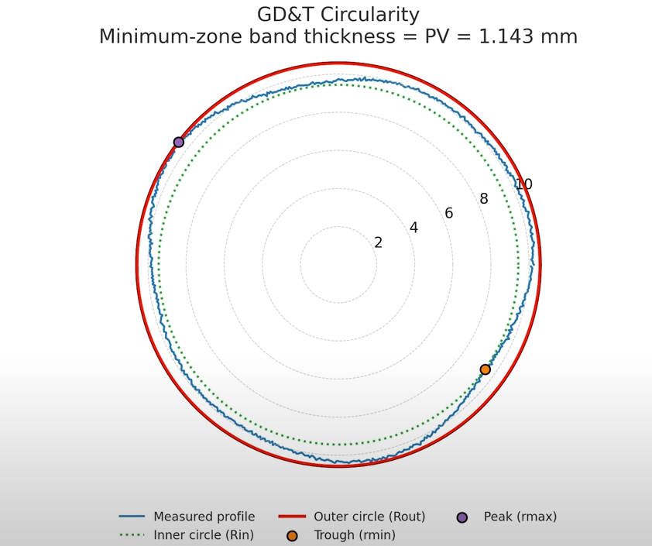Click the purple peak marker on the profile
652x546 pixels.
click(179, 142)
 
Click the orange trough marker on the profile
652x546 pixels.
click(485, 369)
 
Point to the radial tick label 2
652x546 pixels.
click(378, 243)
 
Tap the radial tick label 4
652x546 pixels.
click(414, 228)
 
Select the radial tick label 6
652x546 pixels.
click(448, 214)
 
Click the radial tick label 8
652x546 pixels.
click(484, 199)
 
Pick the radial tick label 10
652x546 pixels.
click(523, 184)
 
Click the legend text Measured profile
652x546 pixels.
click(204, 517)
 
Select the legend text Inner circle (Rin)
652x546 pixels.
click(204, 535)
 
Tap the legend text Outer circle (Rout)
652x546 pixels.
click(369, 517)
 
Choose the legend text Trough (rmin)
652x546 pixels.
click(355, 535)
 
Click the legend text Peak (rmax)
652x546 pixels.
click(520, 517)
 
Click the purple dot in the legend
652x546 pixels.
click(462, 517)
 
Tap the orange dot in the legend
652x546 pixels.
click(292, 536)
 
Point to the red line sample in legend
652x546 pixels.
click(292, 517)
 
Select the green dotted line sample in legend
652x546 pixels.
click(132, 535)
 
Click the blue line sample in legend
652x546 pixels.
click(132, 517)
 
